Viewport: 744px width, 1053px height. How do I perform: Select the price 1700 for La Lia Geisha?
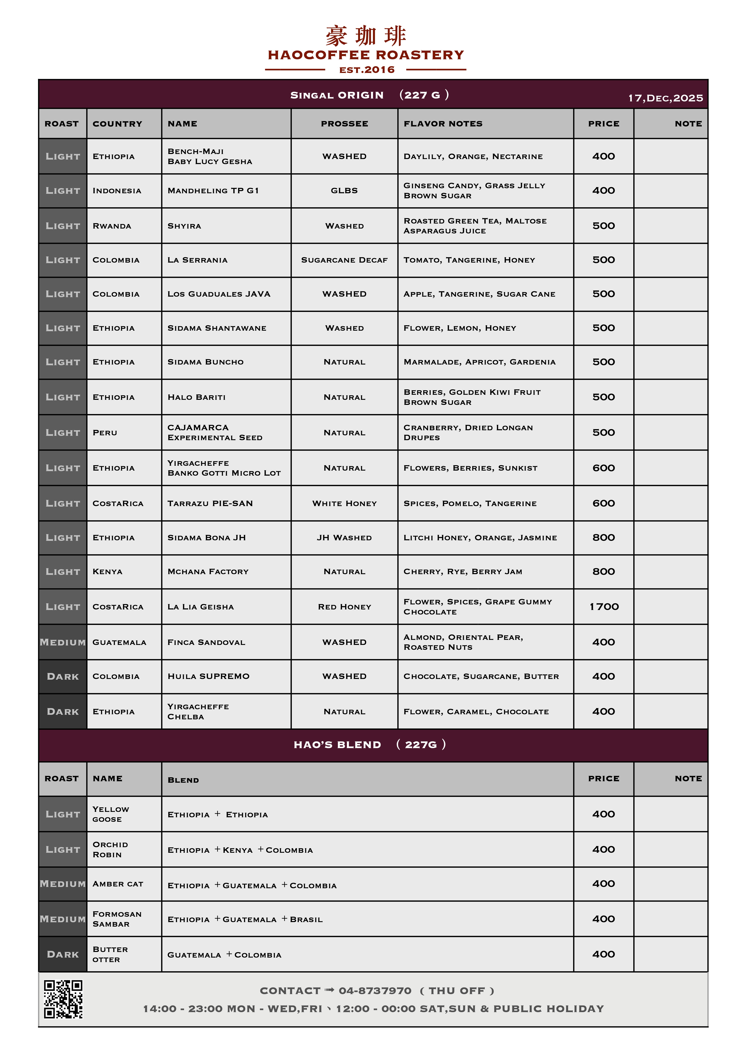[x=604, y=607]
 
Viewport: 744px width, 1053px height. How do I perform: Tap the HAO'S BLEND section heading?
[x=337, y=745]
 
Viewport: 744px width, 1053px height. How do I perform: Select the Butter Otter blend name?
[x=110, y=954]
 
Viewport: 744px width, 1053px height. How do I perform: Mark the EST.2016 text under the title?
[x=367, y=70]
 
